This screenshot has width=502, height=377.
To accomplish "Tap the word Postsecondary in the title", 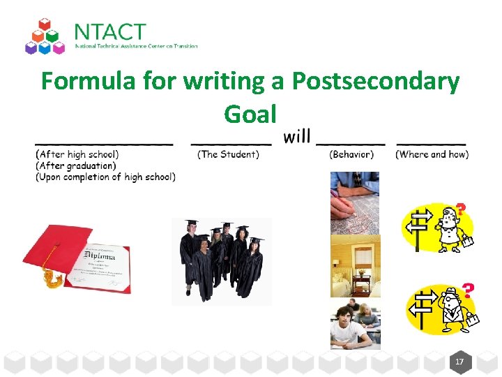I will (x=375, y=82).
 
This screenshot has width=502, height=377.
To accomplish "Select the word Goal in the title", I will (x=250, y=113).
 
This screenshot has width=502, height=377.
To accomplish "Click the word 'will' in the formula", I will (x=297, y=137).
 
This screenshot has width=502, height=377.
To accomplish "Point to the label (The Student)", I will (x=229, y=154).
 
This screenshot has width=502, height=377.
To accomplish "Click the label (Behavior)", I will (x=351, y=154).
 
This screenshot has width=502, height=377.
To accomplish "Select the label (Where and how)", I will (x=432, y=154).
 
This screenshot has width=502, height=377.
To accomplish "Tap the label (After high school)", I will (x=77, y=154).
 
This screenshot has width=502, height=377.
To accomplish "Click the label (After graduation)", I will (x=76, y=165).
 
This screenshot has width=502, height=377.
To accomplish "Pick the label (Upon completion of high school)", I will (x=105, y=177).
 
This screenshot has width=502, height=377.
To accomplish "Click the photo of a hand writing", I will (x=355, y=202).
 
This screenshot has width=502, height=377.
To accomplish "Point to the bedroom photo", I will (x=355, y=266).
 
